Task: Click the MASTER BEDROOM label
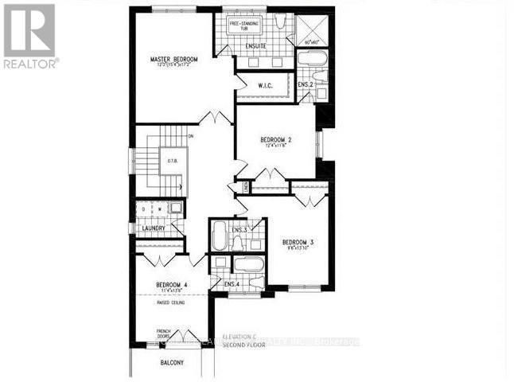175,60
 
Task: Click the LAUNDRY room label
152,228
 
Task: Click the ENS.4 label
232,284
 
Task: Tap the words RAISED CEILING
171,303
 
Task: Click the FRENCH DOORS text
163,333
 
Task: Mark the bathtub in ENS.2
310,60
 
